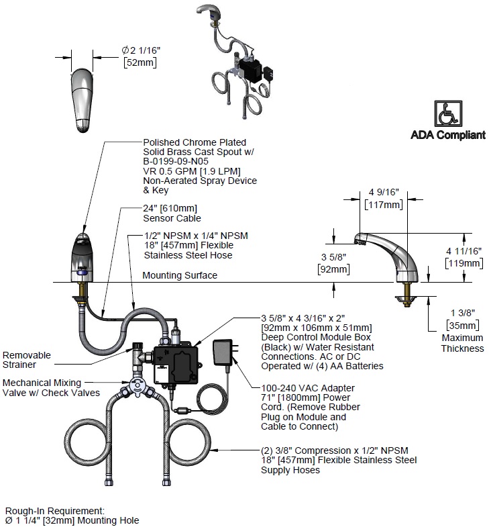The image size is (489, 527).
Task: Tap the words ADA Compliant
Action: tap(447, 135)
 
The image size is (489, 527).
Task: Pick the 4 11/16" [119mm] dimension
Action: tap(464, 257)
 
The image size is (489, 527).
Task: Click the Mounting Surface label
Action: tap(180, 275)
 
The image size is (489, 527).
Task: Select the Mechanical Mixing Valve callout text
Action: tap(51, 387)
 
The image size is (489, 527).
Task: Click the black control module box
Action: tap(176, 361)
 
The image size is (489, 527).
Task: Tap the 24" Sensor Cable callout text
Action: tap(172, 213)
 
